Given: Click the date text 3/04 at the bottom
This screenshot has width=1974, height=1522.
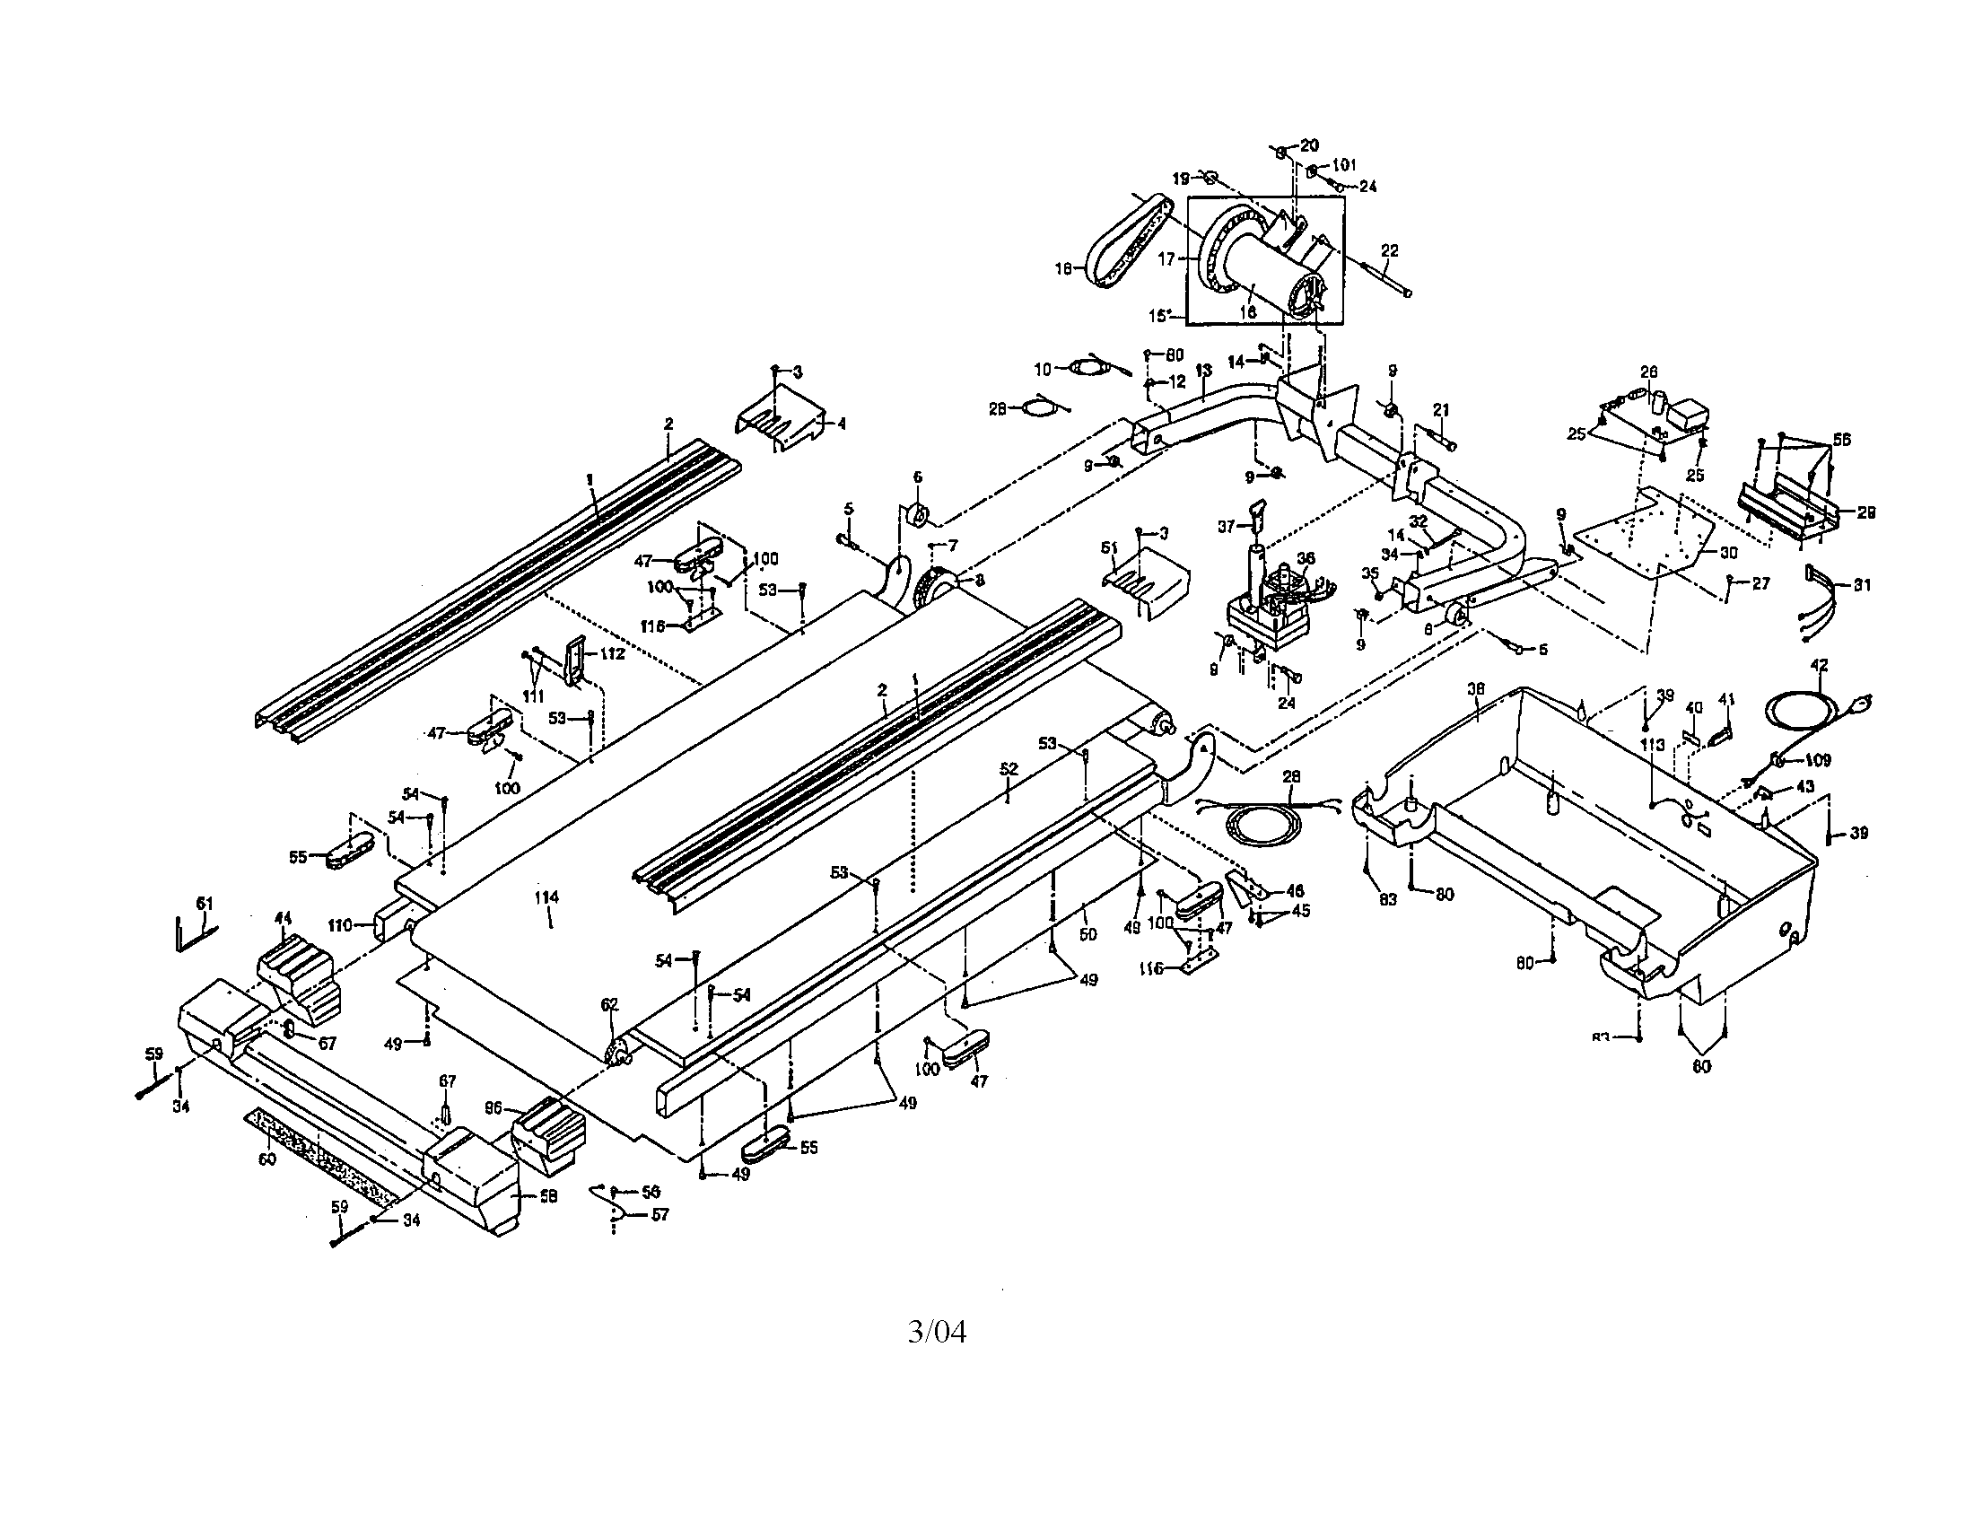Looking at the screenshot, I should (x=937, y=1333).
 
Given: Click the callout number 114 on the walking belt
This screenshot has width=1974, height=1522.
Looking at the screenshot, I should (x=546, y=897).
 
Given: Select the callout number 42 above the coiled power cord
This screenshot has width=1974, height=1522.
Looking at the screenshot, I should (x=1819, y=665).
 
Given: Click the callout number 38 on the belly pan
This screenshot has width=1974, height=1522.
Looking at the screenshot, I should (x=1476, y=688).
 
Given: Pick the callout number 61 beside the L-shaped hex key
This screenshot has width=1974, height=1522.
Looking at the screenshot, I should (x=205, y=903).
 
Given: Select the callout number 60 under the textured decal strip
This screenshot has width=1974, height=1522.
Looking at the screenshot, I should (x=267, y=1159).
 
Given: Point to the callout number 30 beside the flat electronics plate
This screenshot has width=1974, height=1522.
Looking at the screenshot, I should (x=1727, y=552).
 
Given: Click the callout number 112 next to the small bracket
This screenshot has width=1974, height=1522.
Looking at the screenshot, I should (x=612, y=653).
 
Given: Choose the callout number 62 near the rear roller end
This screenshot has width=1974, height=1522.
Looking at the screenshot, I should (x=609, y=1004).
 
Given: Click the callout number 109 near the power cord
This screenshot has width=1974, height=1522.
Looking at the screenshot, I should (x=1818, y=760).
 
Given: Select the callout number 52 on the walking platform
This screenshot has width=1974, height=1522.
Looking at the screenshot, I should (x=1009, y=769).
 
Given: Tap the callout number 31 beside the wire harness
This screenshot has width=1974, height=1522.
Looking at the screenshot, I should (x=1862, y=585).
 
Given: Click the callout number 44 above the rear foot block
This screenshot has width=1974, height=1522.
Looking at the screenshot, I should (x=283, y=918).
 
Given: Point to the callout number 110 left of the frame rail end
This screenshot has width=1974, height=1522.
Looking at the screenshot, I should (x=340, y=925).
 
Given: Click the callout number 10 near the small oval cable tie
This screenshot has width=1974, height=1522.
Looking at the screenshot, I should (x=1043, y=369).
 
